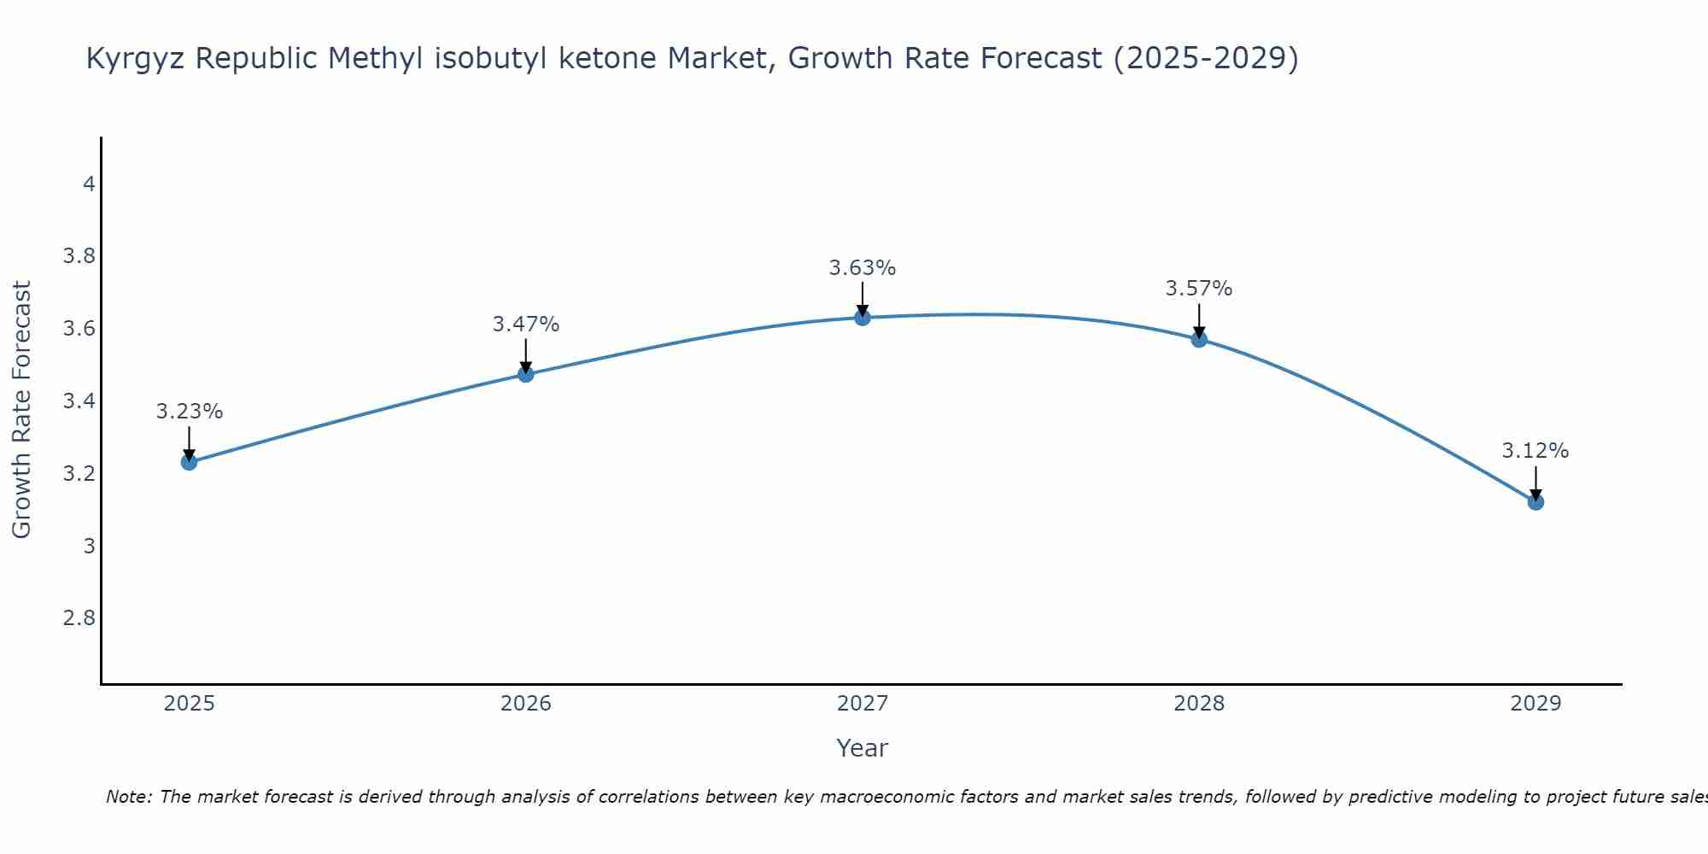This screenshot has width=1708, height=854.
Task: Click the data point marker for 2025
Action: point(189,462)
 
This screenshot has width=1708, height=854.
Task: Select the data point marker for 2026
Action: point(525,374)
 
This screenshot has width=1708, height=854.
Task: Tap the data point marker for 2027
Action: point(863,318)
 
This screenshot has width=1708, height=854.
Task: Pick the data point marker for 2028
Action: point(1199,339)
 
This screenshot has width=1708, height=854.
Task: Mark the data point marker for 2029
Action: point(1535,501)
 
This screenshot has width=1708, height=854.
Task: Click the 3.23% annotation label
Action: point(189,412)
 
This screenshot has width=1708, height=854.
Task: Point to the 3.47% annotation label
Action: point(525,325)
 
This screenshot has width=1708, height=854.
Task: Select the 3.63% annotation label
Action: point(863,268)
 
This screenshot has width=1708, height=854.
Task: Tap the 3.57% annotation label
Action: point(1199,289)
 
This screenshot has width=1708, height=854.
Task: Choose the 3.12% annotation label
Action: point(1535,451)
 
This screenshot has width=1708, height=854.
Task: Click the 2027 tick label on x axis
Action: point(863,704)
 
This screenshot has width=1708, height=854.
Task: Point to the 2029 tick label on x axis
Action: point(1535,704)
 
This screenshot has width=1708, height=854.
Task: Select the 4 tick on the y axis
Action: point(89,184)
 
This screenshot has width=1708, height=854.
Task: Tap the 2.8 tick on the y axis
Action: point(79,617)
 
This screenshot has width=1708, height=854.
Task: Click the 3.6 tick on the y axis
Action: point(79,329)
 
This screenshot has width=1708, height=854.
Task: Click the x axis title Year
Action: point(863,748)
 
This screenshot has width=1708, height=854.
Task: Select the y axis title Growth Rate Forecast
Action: point(21,410)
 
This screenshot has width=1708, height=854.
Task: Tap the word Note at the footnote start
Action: point(128,797)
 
